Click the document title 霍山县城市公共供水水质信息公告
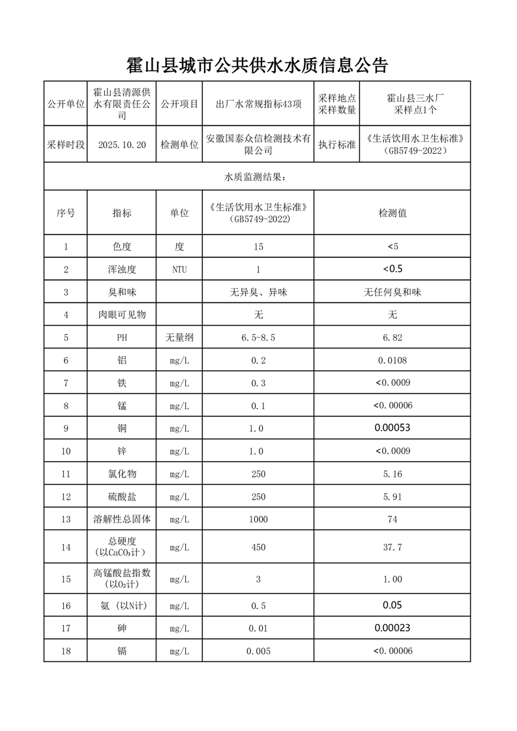(258, 65)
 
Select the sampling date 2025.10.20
(121, 145)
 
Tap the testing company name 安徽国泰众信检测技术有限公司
(258, 145)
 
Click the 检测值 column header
(392, 213)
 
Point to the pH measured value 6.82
(392, 337)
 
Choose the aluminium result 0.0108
(392, 360)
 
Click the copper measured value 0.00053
(392, 428)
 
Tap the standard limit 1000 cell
(258, 519)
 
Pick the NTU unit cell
(179, 270)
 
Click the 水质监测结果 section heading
(258, 177)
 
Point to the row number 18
(66, 651)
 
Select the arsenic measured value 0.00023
(392, 628)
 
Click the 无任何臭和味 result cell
(392, 293)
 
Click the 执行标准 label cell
(336, 145)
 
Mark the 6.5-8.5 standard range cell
(258, 337)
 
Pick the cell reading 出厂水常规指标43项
(258, 104)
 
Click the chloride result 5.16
(392, 474)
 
